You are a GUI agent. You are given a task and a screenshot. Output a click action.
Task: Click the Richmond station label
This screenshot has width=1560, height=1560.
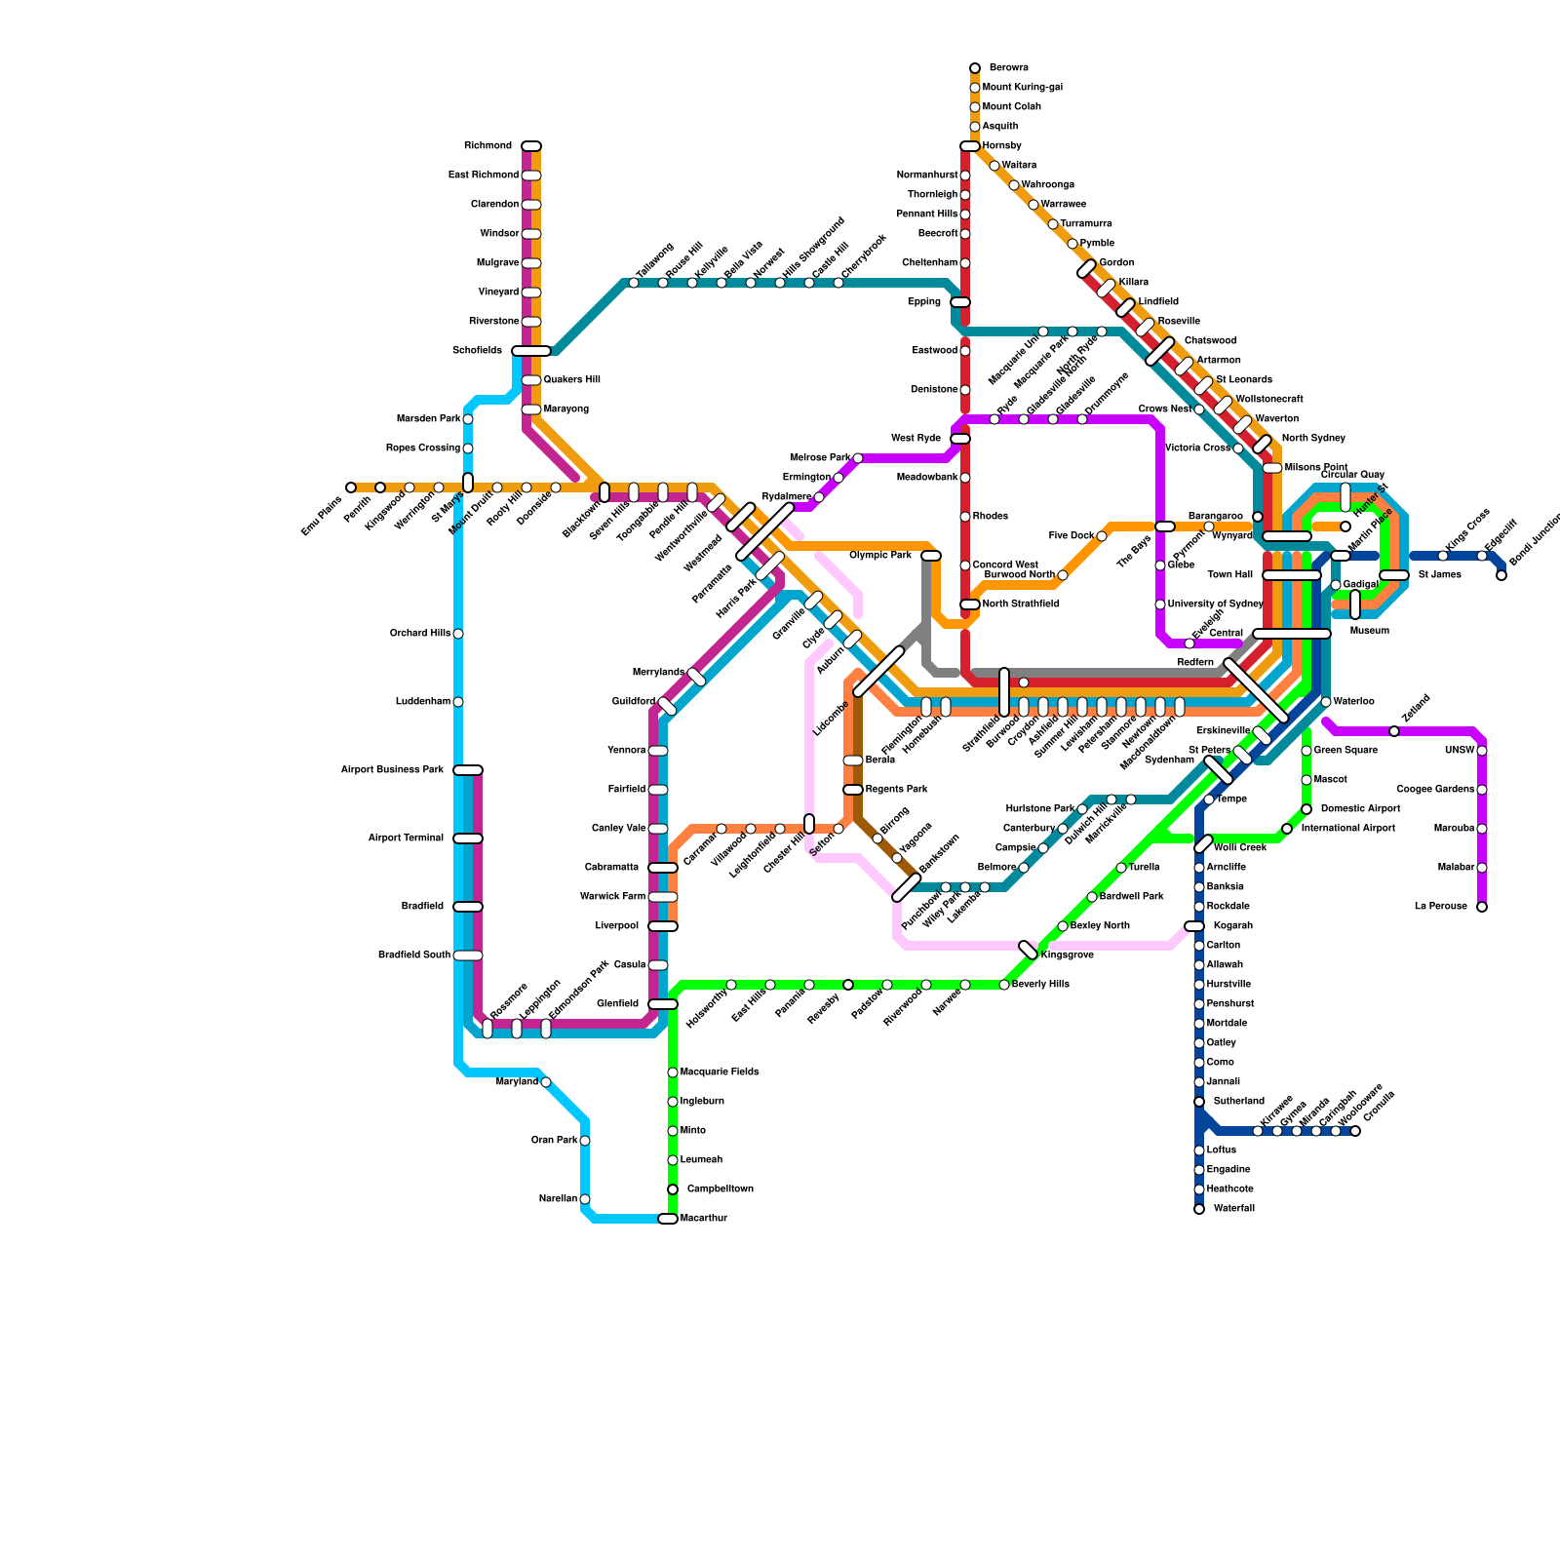pos(487,146)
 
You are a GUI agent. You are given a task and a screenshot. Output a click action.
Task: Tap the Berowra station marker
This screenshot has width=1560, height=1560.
pos(975,68)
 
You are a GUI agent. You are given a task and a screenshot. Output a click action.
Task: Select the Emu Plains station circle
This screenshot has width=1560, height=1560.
pos(351,487)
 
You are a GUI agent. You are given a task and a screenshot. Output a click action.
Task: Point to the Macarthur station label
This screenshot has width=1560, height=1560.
pos(703,1219)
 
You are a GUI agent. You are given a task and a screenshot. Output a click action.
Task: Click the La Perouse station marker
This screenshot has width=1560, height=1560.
pos(1482,907)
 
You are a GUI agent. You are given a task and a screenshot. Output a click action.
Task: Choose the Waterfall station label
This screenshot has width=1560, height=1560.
pos(1233,1209)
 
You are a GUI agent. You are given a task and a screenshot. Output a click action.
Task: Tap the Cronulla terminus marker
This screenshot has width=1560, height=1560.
pos(1355,1131)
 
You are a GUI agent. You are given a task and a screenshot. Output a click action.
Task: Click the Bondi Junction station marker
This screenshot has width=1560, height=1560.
pos(1501,575)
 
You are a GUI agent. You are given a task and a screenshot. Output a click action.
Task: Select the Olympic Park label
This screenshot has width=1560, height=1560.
pos(880,556)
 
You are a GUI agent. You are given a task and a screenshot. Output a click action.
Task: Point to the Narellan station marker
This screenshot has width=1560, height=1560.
pos(585,1199)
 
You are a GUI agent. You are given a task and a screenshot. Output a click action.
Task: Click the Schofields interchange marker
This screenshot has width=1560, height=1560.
pos(531,351)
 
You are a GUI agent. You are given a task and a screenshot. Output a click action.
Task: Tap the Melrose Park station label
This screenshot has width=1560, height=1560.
pos(820,458)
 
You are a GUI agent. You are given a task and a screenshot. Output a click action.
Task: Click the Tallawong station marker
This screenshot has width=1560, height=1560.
pos(634,283)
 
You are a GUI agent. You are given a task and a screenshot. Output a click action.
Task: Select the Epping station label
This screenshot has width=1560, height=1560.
pos(924,302)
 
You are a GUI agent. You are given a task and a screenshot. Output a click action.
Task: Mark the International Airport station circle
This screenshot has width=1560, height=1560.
pos(1287,829)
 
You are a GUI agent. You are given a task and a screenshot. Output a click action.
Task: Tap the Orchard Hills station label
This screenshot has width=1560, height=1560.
pos(420,634)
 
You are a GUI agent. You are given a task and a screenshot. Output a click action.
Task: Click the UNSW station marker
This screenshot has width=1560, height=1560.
pos(1482,751)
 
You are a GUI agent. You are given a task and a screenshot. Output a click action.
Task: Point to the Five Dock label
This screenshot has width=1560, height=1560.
pos(1072,536)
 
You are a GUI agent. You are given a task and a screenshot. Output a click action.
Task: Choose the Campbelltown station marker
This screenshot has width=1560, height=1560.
pos(673,1189)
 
